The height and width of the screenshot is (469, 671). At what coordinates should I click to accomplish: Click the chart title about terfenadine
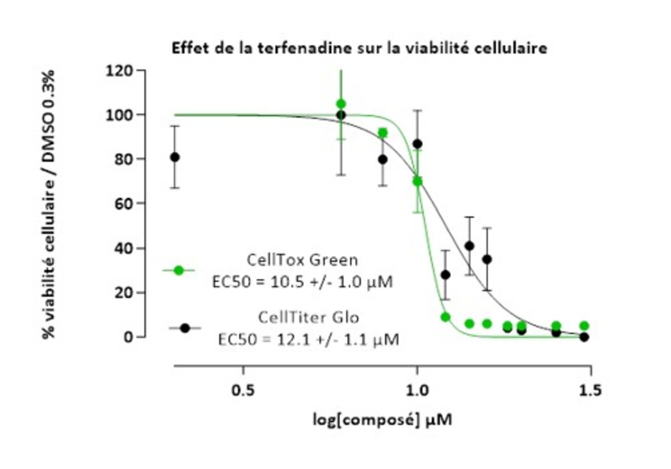pyautogui.click(x=359, y=48)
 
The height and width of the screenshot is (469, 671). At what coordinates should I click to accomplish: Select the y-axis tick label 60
pyautogui.click(x=122, y=204)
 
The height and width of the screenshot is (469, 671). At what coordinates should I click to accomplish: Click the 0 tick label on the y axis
pyautogui.click(x=129, y=337)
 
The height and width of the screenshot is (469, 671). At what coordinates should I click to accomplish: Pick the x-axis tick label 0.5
pyautogui.click(x=243, y=390)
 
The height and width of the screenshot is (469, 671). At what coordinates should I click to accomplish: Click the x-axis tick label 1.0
pyautogui.click(x=417, y=390)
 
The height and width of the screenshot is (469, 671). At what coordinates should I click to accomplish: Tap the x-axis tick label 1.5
pyautogui.click(x=590, y=390)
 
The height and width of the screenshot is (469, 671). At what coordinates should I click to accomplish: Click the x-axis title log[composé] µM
pyautogui.click(x=383, y=419)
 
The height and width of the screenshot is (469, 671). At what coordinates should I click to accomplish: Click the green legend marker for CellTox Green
pyautogui.click(x=178, y=270)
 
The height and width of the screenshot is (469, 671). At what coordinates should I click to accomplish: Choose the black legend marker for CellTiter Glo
pyautogui.click(x=185, y=328)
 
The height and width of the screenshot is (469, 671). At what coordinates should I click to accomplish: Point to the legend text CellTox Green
pyautogui.click(x=302, y=260)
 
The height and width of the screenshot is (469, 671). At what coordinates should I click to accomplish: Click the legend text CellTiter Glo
pyautogui.click(x=308, y=317)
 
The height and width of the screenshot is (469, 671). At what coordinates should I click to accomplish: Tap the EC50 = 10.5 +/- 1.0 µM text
pyautogui.click(x=302, y=282)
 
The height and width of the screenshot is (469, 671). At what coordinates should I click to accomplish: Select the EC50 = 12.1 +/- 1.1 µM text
pyautogui.click(x=308, y=339)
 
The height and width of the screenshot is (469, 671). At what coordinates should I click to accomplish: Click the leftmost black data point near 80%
pyautogui.click(x=174, y=157)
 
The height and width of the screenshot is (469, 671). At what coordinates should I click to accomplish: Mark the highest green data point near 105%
pyautogui.click(x=341, y=104)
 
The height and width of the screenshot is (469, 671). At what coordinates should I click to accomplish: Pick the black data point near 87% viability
pyautogui.click(x=417, y=144)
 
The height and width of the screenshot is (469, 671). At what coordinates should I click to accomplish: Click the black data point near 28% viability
pyautogui.click(x=445, y=274)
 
